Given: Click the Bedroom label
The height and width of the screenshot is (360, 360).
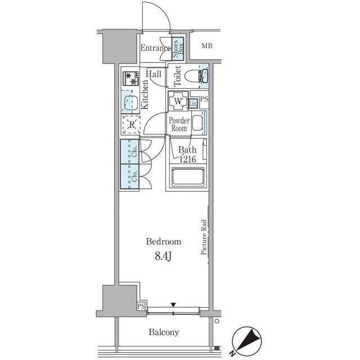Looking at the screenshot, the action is (164, 241).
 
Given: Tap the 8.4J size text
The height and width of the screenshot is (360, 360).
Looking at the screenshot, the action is (163, 256).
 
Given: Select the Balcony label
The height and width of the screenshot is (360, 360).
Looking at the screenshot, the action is (164, 332).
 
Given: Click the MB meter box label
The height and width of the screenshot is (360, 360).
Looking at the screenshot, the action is (207, 46).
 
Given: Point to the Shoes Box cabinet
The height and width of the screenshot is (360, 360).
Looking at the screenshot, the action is (178, 49).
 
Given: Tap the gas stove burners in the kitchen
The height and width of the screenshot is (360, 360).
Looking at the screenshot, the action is (131, 78).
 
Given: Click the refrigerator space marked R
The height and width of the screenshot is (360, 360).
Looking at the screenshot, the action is (131, 124).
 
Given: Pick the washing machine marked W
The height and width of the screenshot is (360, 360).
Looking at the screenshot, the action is (178, 101).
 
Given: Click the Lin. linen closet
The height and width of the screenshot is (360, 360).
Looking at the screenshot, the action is (193, 103).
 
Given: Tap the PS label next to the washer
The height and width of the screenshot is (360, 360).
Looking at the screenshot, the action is (204, 99).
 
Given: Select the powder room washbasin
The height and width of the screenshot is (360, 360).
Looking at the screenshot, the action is (197, 123).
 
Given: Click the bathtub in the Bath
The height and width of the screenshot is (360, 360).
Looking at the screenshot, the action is (188, 177).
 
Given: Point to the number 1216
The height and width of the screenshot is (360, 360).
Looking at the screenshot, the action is (187, 159).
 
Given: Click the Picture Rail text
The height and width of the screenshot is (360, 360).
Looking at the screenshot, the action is (204, 237).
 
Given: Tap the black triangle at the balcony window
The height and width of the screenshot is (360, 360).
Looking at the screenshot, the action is (173, 305).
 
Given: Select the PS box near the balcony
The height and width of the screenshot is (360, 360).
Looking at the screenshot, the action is (141, 306).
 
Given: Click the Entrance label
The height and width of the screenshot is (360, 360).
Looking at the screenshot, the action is (156, 48).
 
